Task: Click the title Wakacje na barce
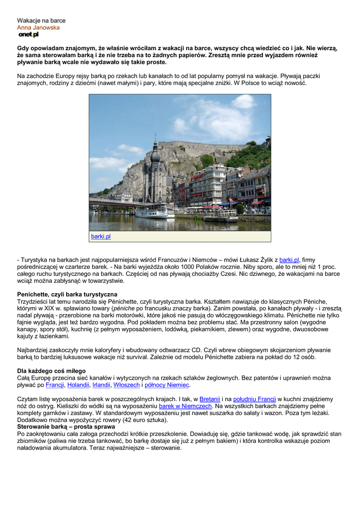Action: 41,20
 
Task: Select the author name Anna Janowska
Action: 38,28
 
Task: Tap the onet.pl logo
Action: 28,35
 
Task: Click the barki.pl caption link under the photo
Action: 100,237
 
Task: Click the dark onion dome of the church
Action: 155,156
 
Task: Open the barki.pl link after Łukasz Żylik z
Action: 289,260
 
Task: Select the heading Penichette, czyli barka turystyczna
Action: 67,295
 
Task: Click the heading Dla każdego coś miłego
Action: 51,371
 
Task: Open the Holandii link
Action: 78,385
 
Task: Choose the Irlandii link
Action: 101,385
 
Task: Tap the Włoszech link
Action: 126,385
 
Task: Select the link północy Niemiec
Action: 167,385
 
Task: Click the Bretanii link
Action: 209,399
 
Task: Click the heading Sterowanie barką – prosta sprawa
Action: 66,427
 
